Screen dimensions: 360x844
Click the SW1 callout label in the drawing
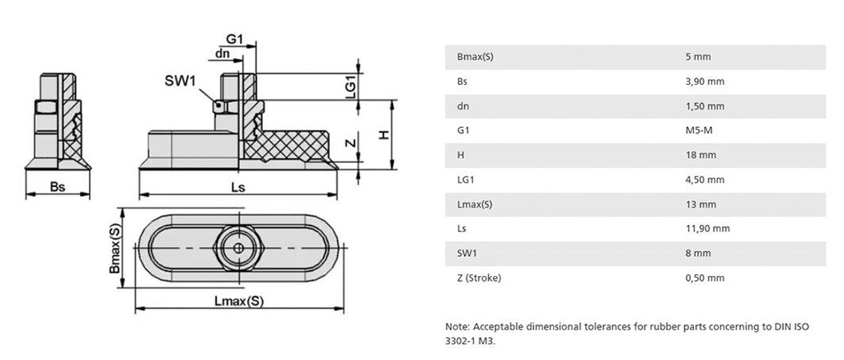click(x=179, y=80)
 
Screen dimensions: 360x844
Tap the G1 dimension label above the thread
click(x=235, y=40)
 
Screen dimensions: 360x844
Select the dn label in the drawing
click(x=223, y=54)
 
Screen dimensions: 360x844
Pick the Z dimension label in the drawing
click(x=350, y=143)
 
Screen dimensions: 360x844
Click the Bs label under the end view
click(x=57, y=187)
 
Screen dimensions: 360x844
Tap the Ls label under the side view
click(x=237, y=187)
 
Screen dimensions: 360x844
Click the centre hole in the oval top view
click(x=238, y=248)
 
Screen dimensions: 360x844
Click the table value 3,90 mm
click(x=705, y=82)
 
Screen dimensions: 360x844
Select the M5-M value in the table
click(x=699, y=130)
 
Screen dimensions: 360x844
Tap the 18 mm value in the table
click(x=701, y=155)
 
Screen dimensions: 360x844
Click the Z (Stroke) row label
click(x=478, y=278)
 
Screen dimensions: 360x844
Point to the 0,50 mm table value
click(x=705, y=278)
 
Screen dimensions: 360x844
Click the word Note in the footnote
click(x=457, y=326)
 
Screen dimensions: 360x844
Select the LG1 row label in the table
click(x=464, y=180)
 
